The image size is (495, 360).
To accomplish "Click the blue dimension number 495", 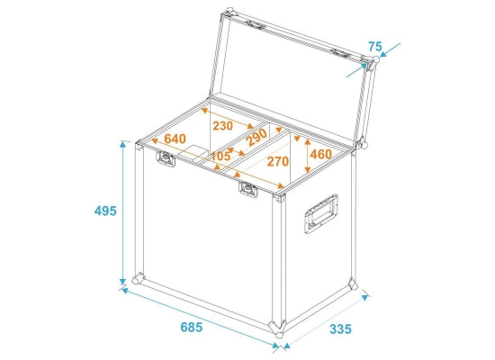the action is (x=105, y=211).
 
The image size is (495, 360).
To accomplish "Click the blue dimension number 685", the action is (x=192, y=328).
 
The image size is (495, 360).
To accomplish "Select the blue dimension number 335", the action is (x=340, y=329).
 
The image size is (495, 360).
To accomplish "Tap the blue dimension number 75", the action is (x=375, y=47).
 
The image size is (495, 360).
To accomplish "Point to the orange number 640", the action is (x=175, y=139).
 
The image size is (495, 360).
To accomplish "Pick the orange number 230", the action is (x=223, y=126).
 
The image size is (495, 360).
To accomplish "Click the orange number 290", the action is (x=257, y=138).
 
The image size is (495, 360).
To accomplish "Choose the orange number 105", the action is (x=220, y=156).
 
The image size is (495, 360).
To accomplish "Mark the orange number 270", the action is (x=278, y=161).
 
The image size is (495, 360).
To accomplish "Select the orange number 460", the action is (x=321, y=154).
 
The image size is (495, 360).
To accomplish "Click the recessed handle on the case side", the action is (x=321, y=214).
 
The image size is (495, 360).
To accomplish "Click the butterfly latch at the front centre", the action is (x=247, y=189).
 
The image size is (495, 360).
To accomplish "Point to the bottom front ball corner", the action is (x=277, y=329).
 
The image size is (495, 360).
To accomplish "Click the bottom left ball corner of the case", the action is (x=138, y=279).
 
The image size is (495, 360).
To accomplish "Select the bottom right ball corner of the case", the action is (x=353, y=283).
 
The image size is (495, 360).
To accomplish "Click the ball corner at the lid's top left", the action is (x=229, y=12).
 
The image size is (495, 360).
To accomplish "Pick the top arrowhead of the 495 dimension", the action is (x=122, y=145).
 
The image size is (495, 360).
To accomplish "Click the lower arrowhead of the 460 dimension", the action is (x=307, y=169).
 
